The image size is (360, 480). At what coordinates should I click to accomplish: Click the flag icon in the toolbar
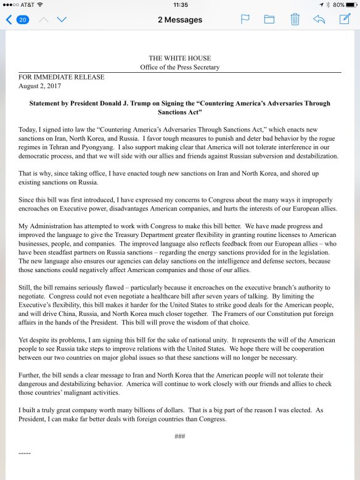[x=244, y=20]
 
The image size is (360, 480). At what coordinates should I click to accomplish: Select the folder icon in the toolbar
[x=269, y=20]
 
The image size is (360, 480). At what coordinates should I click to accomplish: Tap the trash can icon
[x=295, y=20]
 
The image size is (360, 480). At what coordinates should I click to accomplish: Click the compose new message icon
[x=345, y=19]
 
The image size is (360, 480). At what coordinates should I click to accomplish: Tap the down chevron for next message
[x=62, y=20]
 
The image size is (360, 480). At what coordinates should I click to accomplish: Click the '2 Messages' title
[x=180, y=20]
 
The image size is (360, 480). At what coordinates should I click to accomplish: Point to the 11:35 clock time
[x=180, y=4]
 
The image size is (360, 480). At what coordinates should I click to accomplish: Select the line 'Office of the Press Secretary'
[x=179, y=67]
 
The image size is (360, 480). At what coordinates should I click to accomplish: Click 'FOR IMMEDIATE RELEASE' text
[x=61, y=77]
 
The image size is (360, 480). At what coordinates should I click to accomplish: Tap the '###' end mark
[x=180, y=436]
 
